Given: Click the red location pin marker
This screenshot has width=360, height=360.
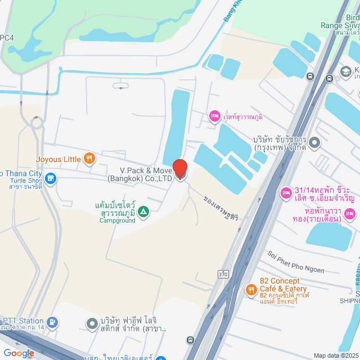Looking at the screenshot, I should [180, 169].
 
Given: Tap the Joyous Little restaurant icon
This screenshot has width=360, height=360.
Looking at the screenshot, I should [88, 159].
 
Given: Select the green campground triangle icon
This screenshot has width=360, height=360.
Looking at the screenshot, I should [143, 211].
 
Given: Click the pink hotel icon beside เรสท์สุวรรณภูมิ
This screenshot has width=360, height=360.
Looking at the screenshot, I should [214, 116].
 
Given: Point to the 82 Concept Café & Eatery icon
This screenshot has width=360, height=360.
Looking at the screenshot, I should [251, 290].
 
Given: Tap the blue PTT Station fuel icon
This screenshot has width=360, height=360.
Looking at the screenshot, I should [52, 322].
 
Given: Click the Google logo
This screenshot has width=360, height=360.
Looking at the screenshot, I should [18, 353].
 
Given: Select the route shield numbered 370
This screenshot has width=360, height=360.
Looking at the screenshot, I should [223, 274].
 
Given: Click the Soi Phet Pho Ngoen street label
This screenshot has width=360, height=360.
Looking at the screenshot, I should [296, 262].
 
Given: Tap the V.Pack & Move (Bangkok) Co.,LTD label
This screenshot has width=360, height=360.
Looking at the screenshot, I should [141, 174].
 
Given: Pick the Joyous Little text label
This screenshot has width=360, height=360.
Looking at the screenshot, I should [58, 159].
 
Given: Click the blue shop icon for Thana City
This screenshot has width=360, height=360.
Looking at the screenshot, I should [50, 179].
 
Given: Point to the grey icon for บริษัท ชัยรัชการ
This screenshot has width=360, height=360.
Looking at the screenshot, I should [314, 143].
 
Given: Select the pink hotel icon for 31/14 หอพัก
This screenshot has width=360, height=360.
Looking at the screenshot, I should [286, 192].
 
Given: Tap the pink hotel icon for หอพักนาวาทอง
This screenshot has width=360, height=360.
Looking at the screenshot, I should [350, 214].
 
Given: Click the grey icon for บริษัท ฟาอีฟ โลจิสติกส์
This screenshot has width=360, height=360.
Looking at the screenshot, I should [92, 323].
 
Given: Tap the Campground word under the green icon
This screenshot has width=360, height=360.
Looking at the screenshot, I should [118, 220].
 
